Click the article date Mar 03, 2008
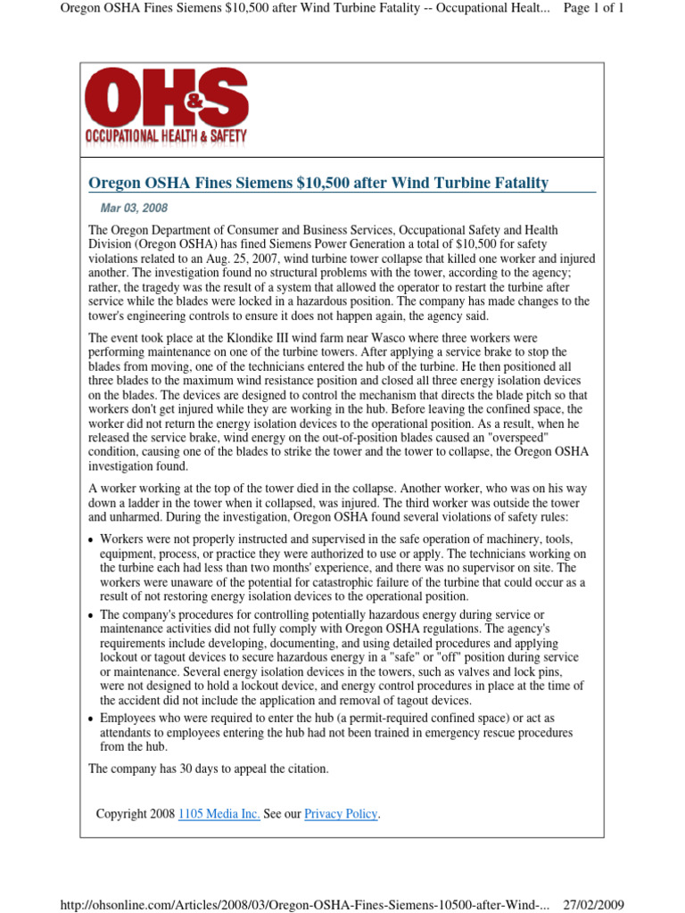134,209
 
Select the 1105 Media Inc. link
219,813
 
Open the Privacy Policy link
342,813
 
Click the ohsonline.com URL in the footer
303,904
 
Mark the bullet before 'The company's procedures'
92,616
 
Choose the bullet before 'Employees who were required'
92,719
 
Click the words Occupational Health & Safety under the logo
166,136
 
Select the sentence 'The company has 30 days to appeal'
209,769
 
